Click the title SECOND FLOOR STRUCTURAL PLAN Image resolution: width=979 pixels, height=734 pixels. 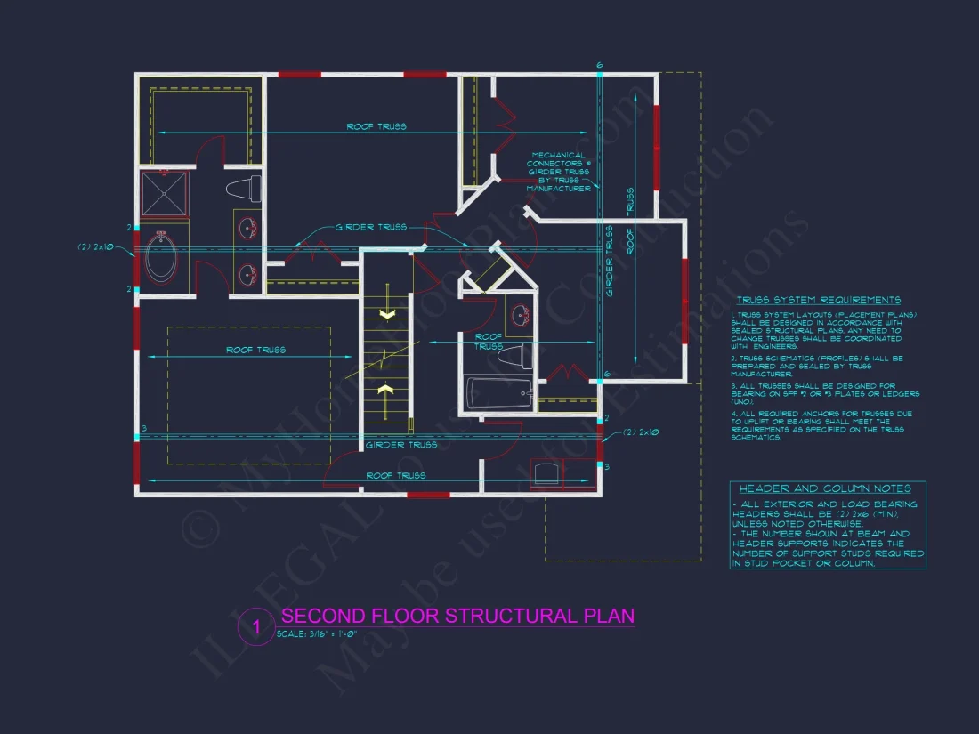tap(457, 616)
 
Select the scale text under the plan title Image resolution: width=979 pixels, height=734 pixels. tap(318, 634)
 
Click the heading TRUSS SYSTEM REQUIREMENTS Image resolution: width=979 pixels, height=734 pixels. tap(819, 301)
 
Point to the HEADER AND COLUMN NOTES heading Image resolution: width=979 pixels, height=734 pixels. tap(826, 488)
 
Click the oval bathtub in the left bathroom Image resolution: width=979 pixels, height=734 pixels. tap(161, 258)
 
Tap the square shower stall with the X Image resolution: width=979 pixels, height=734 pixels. tap(165, 194)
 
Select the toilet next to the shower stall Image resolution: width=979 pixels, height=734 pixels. tap(242, 189)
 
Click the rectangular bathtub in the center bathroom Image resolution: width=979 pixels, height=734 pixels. tap(499, 393)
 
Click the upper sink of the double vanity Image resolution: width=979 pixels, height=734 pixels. tap(247, 230)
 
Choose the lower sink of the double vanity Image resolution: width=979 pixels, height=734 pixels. tap(247, 273)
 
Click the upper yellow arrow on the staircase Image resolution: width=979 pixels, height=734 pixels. tap(387, 314)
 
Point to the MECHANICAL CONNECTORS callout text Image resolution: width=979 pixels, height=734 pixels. tap(558, 172)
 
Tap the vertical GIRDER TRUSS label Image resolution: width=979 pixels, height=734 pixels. tap(610, 260)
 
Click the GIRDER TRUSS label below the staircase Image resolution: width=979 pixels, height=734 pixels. tap(401, 445)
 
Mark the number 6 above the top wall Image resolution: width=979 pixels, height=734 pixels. tap(600, 66)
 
